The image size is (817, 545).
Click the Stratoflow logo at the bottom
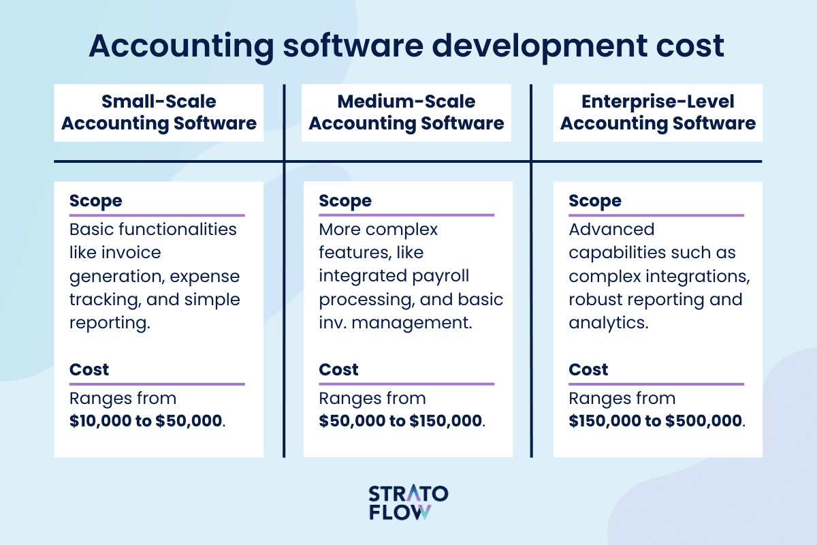point(408,502)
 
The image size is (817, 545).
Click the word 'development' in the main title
point(539,46)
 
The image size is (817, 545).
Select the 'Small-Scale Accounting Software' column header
point(159,112)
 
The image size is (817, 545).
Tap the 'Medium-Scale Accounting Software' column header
point(406,112)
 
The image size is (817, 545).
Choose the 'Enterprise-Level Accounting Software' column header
point(658,112)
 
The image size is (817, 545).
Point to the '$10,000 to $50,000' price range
point(146,421)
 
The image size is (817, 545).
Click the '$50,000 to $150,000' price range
point(400,421)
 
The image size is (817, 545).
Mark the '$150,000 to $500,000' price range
point(655,421)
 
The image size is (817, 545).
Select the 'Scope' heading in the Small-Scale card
point(95,201)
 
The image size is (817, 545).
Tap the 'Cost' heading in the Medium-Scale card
point(338,369)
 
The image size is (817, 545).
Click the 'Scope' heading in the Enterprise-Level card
point(595,201)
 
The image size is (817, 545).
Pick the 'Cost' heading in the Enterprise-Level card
point(588,369)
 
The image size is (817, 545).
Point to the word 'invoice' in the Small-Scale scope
point(131,252)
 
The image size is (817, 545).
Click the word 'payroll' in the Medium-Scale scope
point(440,277)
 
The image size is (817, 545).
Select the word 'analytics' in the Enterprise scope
point(608,323)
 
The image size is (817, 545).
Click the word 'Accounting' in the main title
point(181,47)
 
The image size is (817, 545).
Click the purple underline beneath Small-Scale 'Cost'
point(157,384)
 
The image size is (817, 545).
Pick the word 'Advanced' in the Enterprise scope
point(611,230)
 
